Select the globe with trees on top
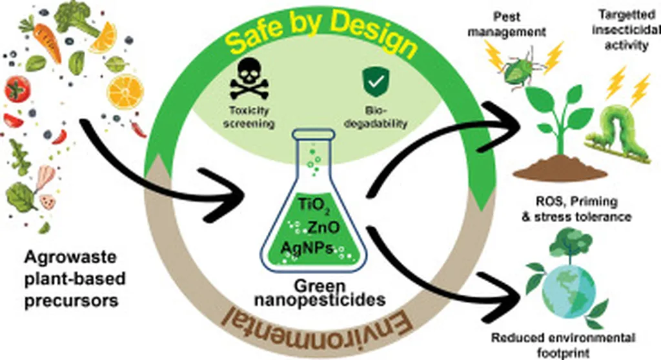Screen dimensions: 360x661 (560, 285)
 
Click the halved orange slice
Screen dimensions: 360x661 (125, 90)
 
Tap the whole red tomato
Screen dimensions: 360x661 (17, 89)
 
